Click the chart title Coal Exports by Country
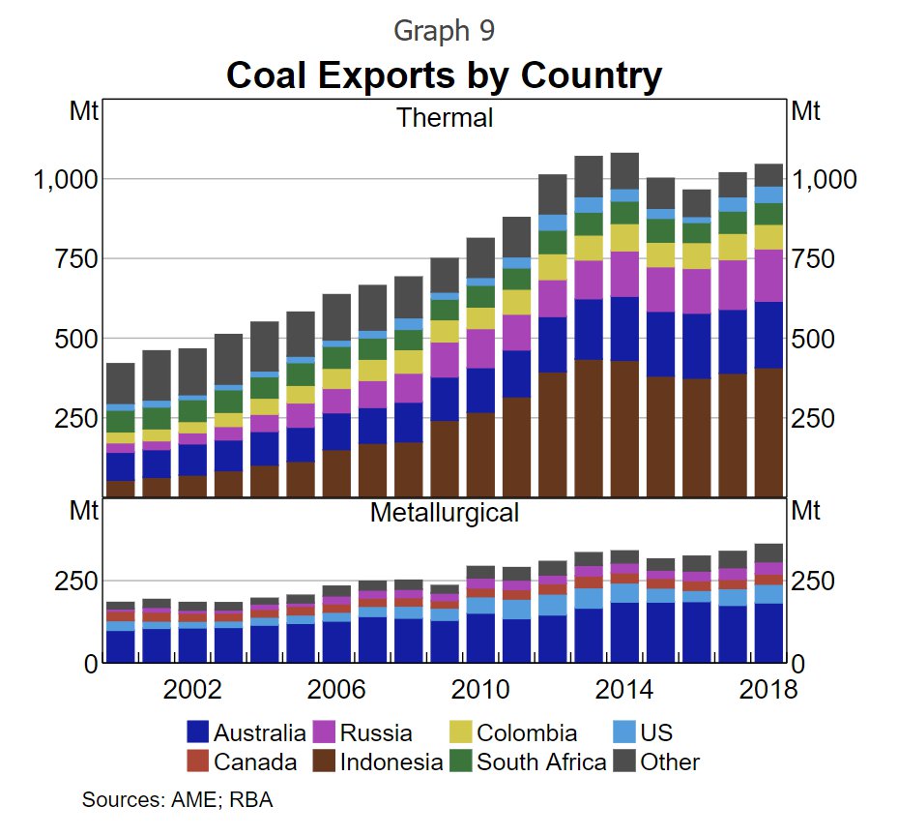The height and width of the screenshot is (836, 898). click(444, 75)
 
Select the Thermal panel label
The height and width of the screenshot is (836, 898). click(445, 118)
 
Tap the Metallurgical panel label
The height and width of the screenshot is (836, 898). click(445, 512)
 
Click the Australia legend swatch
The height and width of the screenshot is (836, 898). click(197, 732)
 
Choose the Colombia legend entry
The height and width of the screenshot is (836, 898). click(527, 732)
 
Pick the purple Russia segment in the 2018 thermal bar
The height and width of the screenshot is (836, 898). click(768, 276)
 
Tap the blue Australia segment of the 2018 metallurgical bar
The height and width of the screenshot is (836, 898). click(768, 634)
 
